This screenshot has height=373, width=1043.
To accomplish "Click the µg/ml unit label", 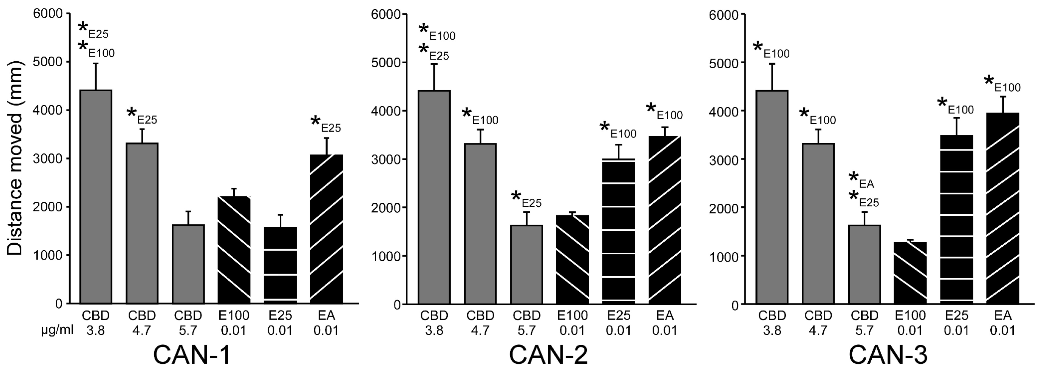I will tap(57, 331).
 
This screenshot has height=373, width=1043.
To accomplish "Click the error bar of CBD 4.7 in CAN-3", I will tap(818, 136).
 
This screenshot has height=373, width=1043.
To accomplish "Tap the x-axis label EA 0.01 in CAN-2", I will tap(664, 322).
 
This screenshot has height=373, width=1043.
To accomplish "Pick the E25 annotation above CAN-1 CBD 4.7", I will tap(142, 115).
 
